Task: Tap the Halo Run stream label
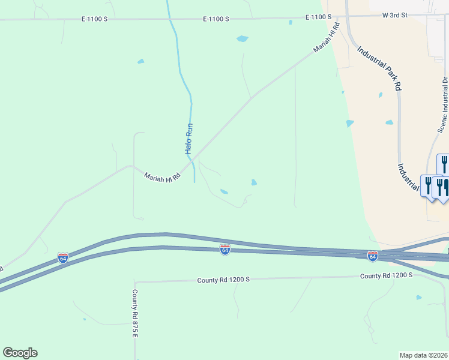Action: click(x=188, y=139)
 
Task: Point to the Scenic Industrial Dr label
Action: click(x=442, y=104)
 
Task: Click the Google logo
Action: click(x=20, y=353)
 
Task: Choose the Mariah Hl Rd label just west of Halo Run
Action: click(x=162, y=177)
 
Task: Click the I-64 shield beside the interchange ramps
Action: click(x=373, y=256)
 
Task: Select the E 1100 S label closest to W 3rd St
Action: click(x=318, y=18)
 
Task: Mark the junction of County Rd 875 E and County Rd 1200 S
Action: click(x=134, y=281)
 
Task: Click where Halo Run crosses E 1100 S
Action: click(x=170, y=19)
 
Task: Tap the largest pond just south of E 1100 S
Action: click(x=242, y=39)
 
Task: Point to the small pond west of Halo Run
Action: click(x=140, y=61)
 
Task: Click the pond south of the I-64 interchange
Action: click(x=419, y=297)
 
